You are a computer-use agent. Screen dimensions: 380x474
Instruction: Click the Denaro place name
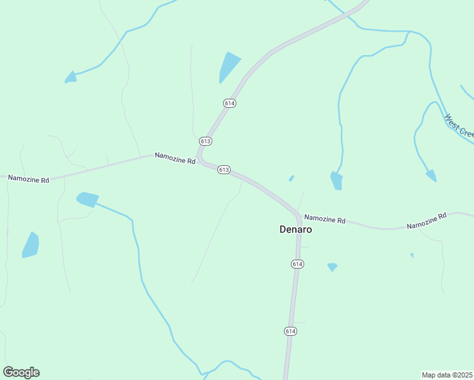(x=295, y=229)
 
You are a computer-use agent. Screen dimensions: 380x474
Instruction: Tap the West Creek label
(x=459, y=125)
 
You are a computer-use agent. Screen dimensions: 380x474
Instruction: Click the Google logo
(x=21, y=372)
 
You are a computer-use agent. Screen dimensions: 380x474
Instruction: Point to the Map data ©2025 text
(x=447, y=375)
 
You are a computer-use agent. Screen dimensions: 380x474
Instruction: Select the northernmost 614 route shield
(x=229, y=103)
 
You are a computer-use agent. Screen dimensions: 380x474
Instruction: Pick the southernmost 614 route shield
(x=290, y=331)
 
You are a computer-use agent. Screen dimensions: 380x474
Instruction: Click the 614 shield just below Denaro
(x=298, y=263)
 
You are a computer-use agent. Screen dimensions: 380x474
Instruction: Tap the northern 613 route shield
(x=205, y=141)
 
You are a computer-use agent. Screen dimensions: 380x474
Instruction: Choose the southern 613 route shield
(x=223, y=170)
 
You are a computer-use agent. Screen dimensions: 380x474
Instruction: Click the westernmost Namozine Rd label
(x=29, y=179)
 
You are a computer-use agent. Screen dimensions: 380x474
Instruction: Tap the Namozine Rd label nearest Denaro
(x=324, y=219)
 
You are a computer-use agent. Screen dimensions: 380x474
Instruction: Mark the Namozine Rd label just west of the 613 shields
(x=175, y=158)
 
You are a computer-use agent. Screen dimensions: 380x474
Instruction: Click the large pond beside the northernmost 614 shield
(x=229, y=66)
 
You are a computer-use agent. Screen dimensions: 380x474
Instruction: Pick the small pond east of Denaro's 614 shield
(x=332, y=267)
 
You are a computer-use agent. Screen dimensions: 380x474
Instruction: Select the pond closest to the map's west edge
(x=30, y=245)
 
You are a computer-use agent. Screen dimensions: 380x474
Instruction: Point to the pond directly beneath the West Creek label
(x=432, y=175)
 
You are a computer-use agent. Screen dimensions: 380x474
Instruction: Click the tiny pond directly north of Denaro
(x=291, y=179)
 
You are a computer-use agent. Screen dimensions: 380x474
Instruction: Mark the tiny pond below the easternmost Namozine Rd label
(x=412, y=255)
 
